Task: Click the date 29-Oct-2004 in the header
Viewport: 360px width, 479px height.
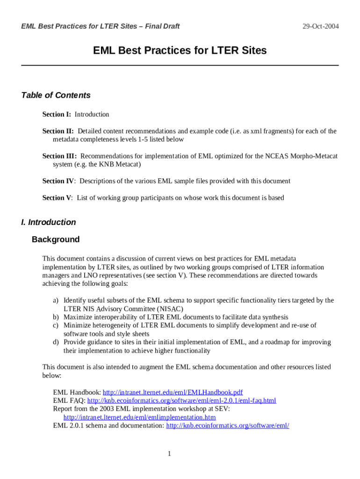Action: (x=320, y=26)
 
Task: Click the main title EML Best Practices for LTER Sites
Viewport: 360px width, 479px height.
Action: (x=180, y=50)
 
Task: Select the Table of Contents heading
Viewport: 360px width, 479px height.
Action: (x=56, y=95)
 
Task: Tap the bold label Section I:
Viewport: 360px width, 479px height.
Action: (x=57, y=115)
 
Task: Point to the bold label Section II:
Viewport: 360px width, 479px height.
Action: (x=58, y=131)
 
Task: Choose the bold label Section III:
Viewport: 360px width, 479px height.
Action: (x=59, y=156)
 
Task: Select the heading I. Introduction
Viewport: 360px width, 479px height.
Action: (x=48, y=222)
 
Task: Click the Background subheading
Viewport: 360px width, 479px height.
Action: (x=56, y=239)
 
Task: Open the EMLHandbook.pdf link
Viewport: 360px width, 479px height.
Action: (x=173, y=392)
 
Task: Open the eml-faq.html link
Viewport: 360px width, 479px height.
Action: (x=181, y=401)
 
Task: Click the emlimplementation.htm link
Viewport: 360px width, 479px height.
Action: (x=139, y=417)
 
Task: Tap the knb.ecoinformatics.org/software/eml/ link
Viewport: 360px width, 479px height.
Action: (x=228, y=426)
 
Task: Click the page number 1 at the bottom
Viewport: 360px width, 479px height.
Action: (x=169, y=454)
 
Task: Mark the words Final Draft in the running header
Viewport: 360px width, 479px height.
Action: (x=162, y=26)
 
